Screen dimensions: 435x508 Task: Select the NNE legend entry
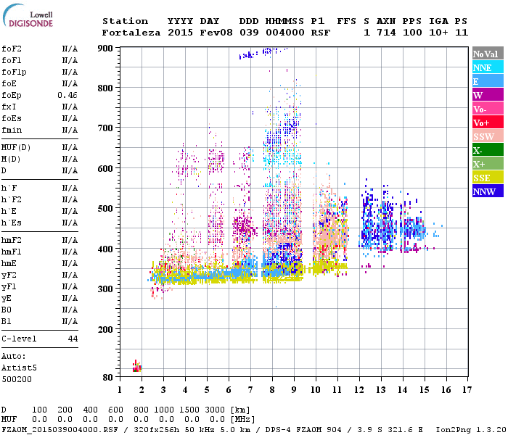[x=487, y=67]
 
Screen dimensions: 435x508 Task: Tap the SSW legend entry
[x=487, y=136]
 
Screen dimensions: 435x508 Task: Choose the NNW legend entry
[x=487, y=191]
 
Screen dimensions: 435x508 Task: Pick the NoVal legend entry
[x=487, y=54]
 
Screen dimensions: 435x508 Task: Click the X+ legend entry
[x=487, y=164]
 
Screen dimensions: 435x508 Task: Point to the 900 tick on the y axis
[x=106, y=49]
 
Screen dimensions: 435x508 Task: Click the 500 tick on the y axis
[x=106, y=209]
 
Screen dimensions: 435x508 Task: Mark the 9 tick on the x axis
[x=294, y=389]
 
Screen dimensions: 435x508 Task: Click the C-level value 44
[x=73, y=339]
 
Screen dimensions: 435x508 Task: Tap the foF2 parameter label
[x=11, y=49]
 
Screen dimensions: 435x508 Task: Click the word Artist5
[x=19, y=368]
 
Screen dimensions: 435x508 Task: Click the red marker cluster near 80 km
[x=136, y=367]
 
